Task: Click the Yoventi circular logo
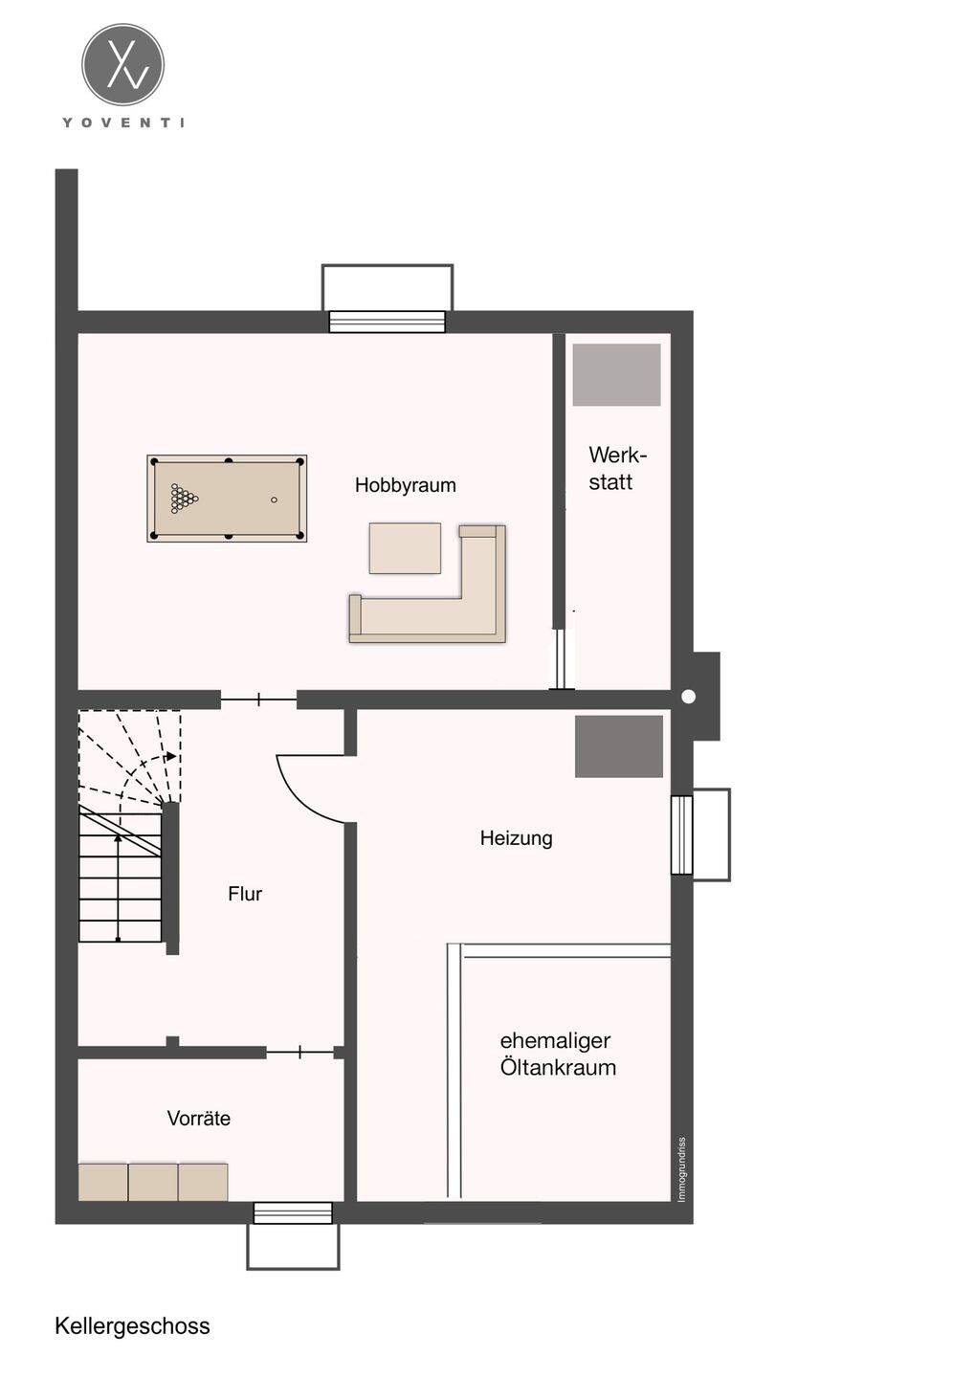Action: (x=123, y=65)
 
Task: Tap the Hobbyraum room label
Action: (x=406, y=485)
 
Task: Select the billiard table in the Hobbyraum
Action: (x=227, y=499)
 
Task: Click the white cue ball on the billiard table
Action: (x=274, y=500)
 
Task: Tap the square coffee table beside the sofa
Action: (x=405, y=548)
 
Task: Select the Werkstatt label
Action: (x=617, y=469)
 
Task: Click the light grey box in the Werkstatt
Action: (x=616, y=375)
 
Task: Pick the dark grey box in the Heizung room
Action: (x=619, y=746)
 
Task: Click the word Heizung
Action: (x=516, y=838)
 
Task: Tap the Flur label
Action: (x=245, y=894)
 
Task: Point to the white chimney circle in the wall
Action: (x=689, y=697)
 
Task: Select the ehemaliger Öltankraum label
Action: (x=558, y=1054)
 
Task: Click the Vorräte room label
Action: (x=199, y=1118)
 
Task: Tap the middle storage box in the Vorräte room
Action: (x=152, y=1182)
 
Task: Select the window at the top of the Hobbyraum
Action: (x=387, y=322)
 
